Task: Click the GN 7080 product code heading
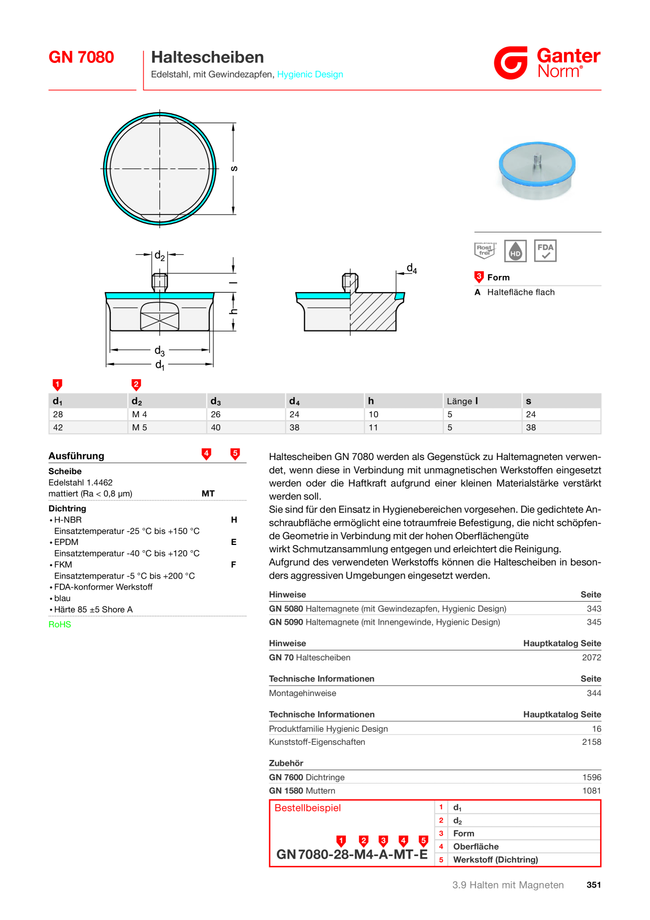pos(81,57)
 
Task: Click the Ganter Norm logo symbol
pos(511,63)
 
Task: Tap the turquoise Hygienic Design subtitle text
pos(310,74)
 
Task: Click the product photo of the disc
pos(537,170)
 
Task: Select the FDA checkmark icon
pos(545,251)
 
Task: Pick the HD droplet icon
pos(515,251)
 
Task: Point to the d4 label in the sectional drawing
pos(412,269)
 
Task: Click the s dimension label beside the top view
pos(234,168)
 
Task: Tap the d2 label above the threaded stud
pos(159,256)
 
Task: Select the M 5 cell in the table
pos(139,427)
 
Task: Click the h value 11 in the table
pos(373,427)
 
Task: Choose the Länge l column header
pos(462,401)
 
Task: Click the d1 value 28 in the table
pos(58,414)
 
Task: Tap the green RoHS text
pos(60,624)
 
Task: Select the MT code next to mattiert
pos(208,494)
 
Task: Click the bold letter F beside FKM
pos(234,564)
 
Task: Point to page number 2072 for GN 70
pos(592,658)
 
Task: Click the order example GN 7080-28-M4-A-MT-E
pos(352,854)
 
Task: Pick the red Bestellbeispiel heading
pos(308,808)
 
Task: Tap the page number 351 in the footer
pos(594,885)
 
